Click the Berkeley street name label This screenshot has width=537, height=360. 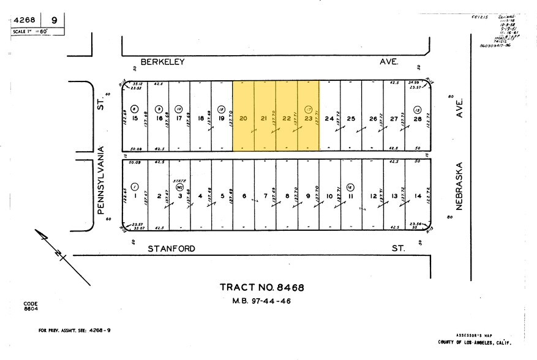(162, 62)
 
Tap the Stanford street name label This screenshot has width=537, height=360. (171, 249)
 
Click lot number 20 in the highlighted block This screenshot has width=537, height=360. (243, 119)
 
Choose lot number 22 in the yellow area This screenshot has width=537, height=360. (287, 119)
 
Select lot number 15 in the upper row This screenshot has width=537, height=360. (135, 119)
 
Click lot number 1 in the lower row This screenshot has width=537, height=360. (135, 197)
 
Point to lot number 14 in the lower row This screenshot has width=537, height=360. (418, 197)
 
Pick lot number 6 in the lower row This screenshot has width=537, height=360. (244, 197)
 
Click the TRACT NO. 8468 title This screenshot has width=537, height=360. (261, 287)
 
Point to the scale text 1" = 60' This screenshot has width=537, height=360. (29, 30)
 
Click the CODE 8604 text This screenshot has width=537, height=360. (31, 306)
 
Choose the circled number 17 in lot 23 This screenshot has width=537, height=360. (309, 109)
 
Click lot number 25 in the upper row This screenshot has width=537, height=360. (351, 119)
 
